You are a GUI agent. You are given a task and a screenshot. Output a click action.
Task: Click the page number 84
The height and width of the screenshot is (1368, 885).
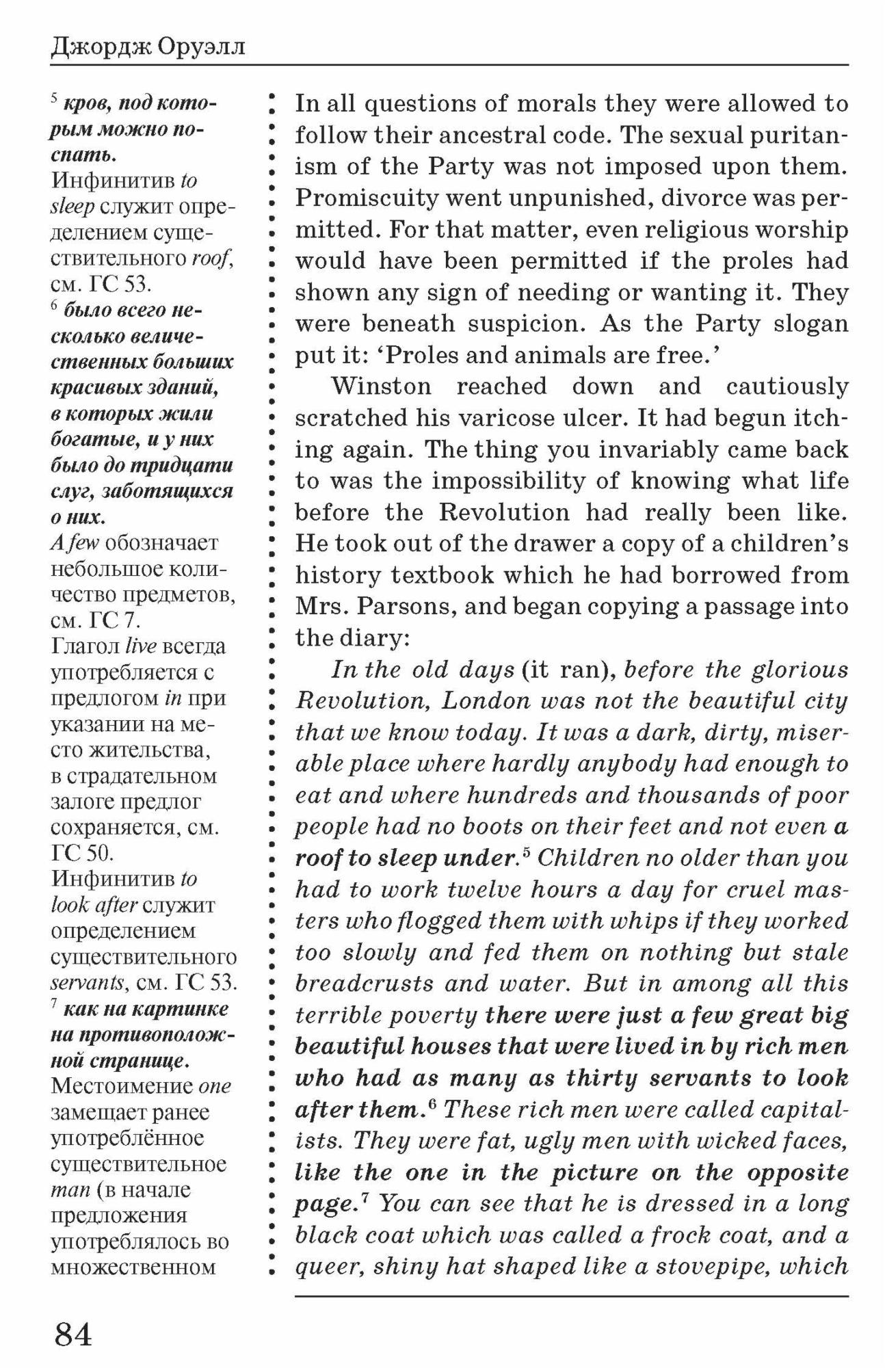tap(73, 1334)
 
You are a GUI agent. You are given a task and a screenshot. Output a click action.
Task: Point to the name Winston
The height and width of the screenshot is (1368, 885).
tap(382, 386)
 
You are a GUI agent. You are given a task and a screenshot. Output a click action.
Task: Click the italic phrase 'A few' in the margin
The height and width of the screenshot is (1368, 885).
tap(75, 543)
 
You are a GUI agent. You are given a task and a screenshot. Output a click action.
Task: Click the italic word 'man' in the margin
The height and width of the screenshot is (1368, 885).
tap(70, 1191)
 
